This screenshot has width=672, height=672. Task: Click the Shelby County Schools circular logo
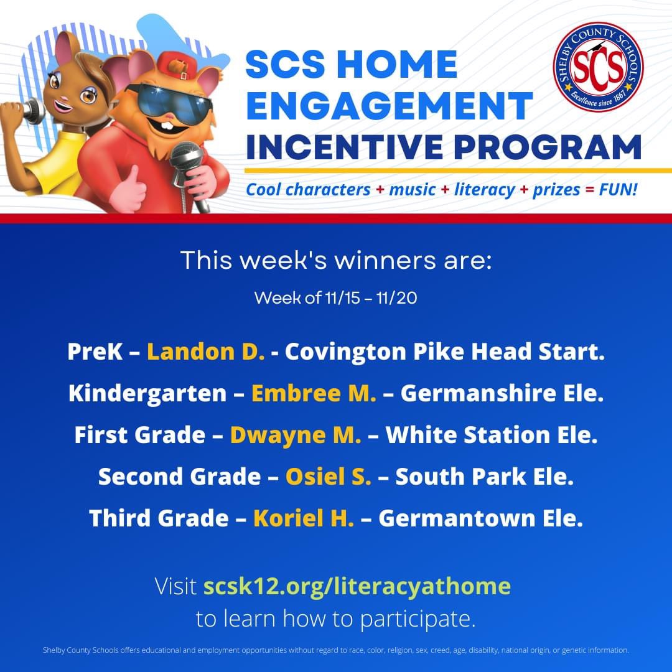pyautogui.click(x=598, y=67)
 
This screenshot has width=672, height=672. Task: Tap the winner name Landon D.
pyautogui.click(x=206, y=352)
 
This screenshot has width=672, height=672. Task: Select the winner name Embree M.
pyautogui.click(x=314, y=393)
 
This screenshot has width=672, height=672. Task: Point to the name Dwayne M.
pyautogui.click(x=296, y=435)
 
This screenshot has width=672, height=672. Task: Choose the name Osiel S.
pyautogui.click(x=328, y=477)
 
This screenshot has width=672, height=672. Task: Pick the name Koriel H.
pyautogui.click(x=304, y=518)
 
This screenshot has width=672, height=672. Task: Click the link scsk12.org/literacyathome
pyautogui.click(x=357, y=586)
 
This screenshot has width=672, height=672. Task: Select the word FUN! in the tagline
pyautogui.click(x=618, y=189)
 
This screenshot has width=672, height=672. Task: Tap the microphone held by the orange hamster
pyautogui.click(x=189, y=165)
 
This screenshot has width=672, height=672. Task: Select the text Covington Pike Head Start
pyautogui.click(x=444, y=352)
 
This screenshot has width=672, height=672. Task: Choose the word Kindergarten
pyautogui.click(x=147, y=393)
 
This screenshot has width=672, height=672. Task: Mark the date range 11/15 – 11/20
pyautogui.click(x=370, y=298)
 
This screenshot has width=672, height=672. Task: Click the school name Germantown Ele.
pyautogui.click(x=480, y=518)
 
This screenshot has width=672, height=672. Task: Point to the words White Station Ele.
pyautogui.click(x=492, y=435)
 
